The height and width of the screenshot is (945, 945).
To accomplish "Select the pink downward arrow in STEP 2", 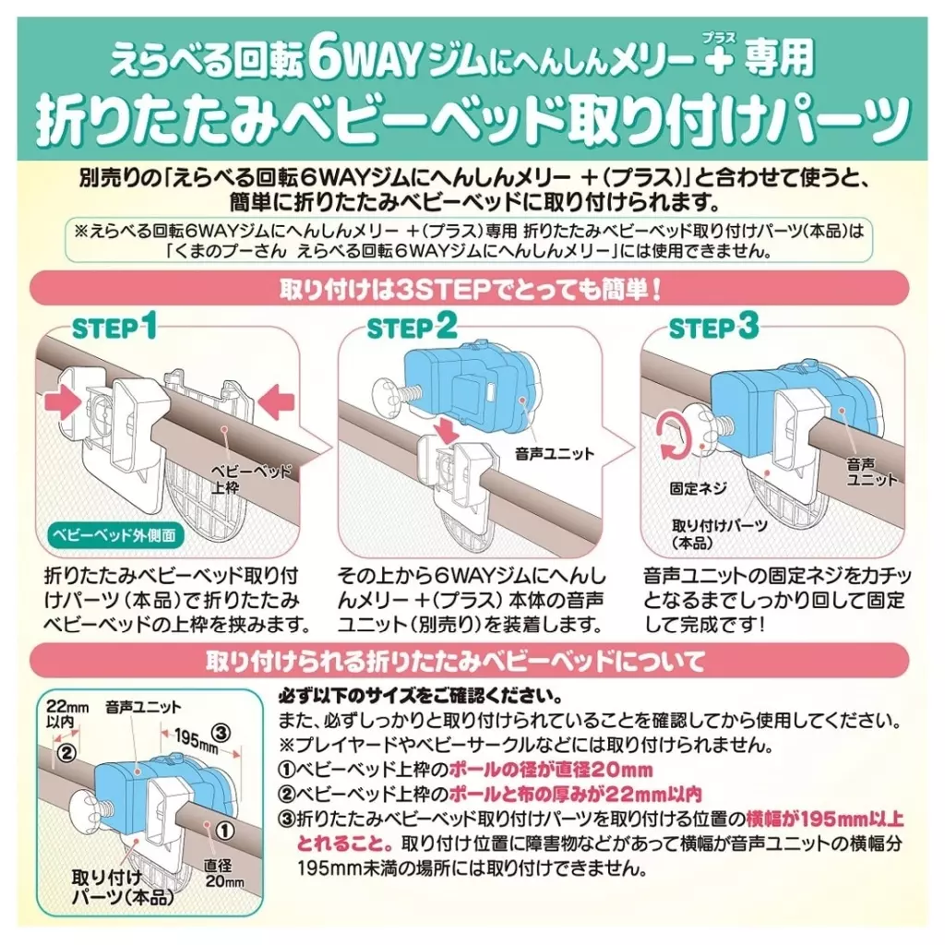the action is point(448,429).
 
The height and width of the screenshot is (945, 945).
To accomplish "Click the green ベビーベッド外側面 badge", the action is point(114,536).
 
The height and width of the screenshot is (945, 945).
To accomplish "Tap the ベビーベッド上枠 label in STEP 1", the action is point(249,479).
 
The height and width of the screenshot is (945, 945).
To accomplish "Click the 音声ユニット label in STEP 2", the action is point(555,453).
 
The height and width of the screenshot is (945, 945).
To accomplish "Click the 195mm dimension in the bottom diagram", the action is point(196,739).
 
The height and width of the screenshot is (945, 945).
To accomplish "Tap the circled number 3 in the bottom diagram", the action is point(221,733).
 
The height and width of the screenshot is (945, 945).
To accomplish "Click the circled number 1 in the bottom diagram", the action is point(224,831).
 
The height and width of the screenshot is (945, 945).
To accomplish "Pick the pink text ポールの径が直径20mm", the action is point(551,770).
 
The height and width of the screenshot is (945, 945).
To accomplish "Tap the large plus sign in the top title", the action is point(718,61).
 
